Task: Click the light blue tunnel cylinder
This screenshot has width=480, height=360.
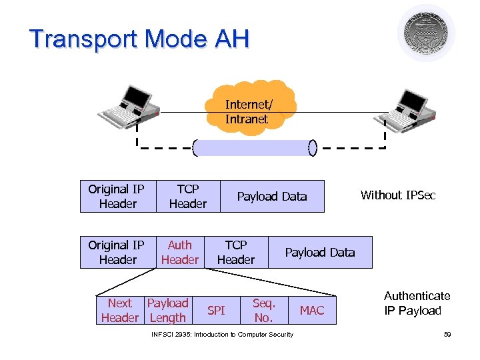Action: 255,147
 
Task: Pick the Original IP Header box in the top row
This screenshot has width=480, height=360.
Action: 117,197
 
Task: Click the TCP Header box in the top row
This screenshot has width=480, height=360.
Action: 187,197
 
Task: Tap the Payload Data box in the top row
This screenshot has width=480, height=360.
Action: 272,197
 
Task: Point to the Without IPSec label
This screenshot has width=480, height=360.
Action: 397,195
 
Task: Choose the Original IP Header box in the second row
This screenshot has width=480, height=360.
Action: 117,253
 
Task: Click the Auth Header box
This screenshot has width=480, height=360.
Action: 179,253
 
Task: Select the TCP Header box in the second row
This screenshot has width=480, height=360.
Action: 235,253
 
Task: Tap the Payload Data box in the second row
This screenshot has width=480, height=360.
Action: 320,253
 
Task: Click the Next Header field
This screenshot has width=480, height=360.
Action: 120,311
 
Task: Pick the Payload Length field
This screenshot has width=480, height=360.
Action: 167,311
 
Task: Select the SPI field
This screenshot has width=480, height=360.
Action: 216,311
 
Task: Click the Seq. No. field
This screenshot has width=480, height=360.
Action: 263,311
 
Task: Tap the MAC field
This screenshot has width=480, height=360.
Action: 311,311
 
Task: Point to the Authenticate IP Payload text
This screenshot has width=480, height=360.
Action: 417,303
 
